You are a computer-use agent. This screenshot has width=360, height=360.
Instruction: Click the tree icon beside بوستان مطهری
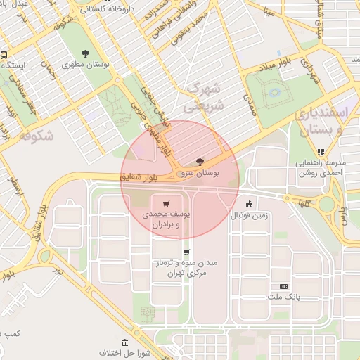(x=86, y=53)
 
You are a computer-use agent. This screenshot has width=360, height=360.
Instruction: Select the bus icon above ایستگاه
(x=4, y=55)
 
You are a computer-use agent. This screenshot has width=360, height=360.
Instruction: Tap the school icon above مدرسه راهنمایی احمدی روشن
(x=321, y=150)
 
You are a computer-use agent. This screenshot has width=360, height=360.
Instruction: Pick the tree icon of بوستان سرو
(x=200, y=162)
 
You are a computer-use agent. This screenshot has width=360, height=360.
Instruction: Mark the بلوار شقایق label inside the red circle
(x=148, y=176)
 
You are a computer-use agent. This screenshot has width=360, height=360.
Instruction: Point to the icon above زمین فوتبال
(x=248, y=204)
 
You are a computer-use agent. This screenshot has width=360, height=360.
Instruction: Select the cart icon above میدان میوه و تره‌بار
(x=186, y=252)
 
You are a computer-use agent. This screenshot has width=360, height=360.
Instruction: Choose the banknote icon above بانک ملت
(x=284, y=286)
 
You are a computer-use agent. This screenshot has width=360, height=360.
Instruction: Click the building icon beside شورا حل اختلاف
(x=124, y=344)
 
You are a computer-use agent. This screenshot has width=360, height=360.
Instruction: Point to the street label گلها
(x=302, y=202)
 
